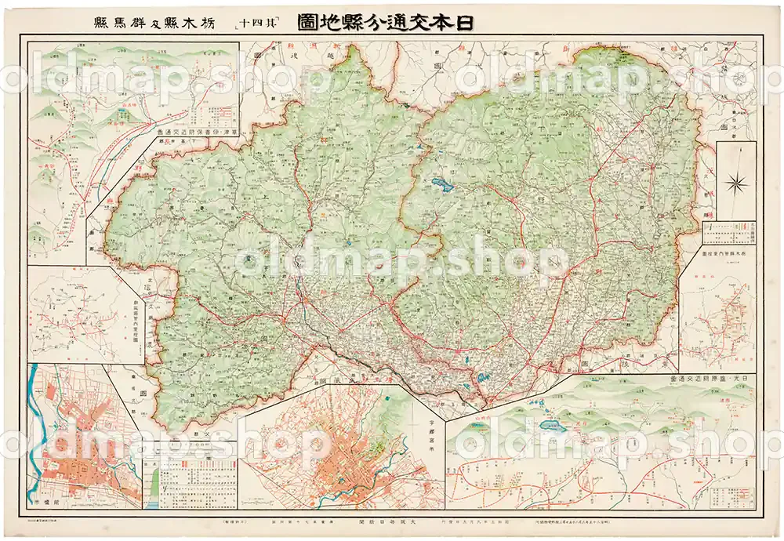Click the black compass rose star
click(x=736, y=184)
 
